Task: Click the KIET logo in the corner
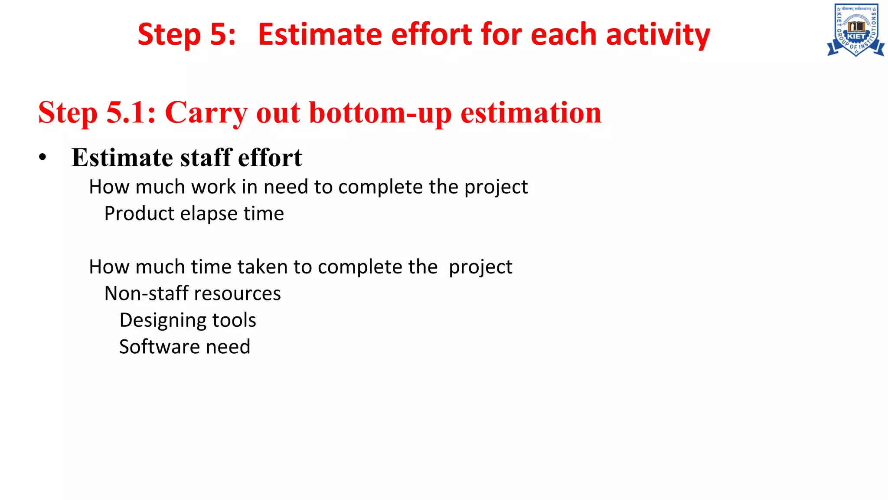856,30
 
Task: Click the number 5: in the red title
222,35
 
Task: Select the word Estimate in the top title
320,35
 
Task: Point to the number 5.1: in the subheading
131,113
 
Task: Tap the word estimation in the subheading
531,113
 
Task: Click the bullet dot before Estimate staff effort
42,158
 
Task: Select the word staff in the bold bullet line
206,157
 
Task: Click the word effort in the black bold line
270,157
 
